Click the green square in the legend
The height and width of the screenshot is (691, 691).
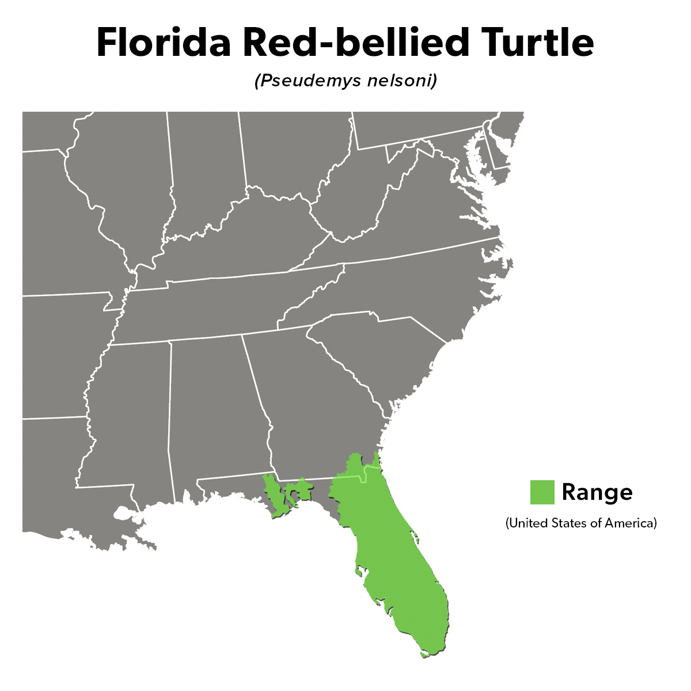click(x=542, y=492)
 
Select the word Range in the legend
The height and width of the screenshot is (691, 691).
click(x=597, y=492)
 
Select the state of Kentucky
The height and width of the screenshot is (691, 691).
click(x=242, y=242)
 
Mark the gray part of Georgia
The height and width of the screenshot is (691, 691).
click(x=311, y=415)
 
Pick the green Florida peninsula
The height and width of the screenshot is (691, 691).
click(x=397, y=564)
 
